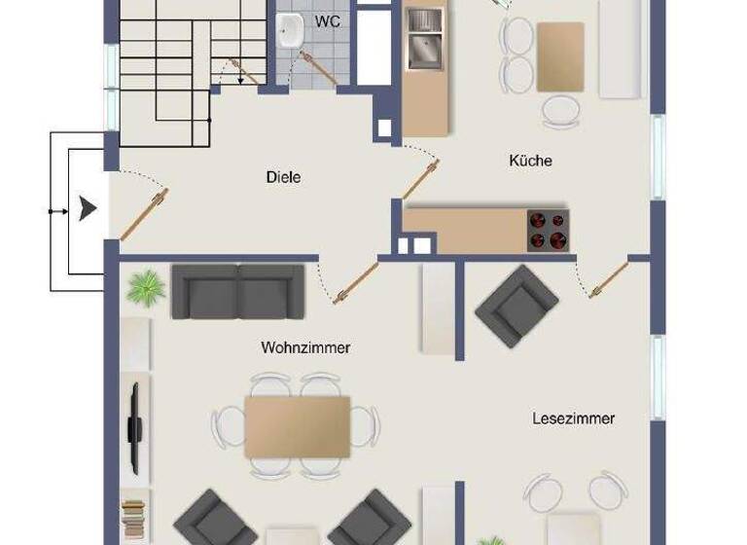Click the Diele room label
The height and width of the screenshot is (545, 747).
click(283, 177)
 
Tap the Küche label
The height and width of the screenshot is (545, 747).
click(530, 160)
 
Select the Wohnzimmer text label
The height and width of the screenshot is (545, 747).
click(305, 347)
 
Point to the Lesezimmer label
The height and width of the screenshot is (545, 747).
click(574, 418)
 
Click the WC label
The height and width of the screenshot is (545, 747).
click(327, 20)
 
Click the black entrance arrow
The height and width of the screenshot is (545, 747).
click(89, 208)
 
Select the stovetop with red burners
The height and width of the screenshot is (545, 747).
click(548, 231)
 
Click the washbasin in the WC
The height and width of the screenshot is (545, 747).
click(289, 32)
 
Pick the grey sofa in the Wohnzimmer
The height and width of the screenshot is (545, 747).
click(238, 291)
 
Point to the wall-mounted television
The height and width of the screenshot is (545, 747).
click(135, 417)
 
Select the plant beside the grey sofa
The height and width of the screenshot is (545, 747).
click(146, 287)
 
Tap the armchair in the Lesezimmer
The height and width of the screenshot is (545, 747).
click(516, 306)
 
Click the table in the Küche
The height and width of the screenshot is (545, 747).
click(560, 56)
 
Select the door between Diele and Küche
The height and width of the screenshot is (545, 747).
click(420, 180)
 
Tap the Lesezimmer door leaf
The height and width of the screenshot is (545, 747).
click(608, 279)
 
